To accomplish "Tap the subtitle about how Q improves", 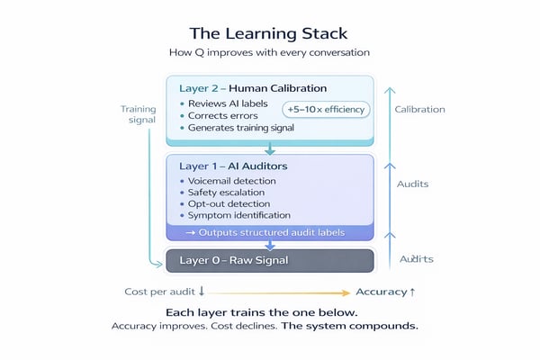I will pos(270,53).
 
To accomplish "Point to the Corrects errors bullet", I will pos(221,115).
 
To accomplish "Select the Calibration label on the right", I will pos(419,109).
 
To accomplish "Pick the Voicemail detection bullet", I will pos(233,180).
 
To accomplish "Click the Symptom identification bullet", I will pos(239,215).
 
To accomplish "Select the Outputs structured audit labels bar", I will pos(269,232).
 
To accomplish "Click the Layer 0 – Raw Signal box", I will pos(269,260).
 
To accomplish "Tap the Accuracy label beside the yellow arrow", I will pos(385,292).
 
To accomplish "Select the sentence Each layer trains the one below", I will pos(269,311).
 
